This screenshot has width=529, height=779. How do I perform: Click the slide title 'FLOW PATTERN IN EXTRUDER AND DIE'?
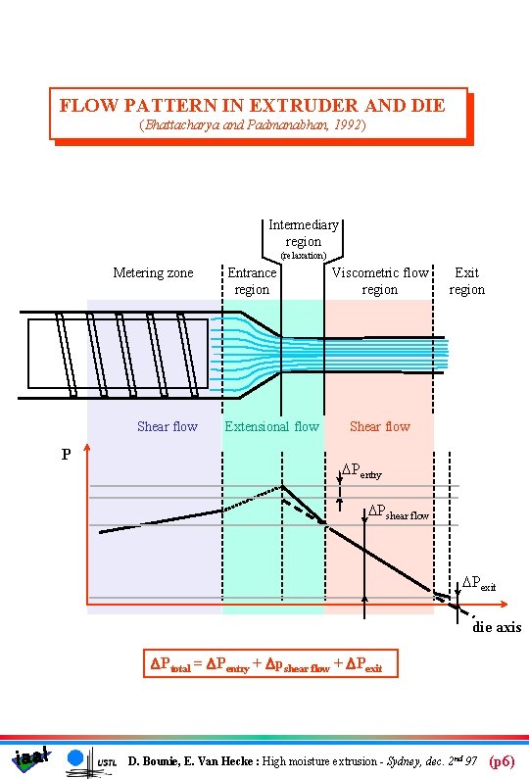pos(252,105)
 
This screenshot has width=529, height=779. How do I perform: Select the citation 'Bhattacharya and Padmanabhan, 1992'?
pos(253,125)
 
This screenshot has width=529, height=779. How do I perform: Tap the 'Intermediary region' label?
pos(303,233)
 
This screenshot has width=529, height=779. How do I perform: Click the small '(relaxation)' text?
pos(303,256)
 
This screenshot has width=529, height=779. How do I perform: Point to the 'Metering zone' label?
pos(153,272)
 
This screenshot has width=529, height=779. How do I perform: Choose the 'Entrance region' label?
pos(252,281)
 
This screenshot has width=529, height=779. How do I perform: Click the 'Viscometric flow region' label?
pos(380,281)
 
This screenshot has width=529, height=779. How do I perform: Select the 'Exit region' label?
pos(466,281)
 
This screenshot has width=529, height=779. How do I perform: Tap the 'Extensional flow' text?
pos(271,426)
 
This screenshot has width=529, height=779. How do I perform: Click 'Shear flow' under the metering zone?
pos(167,426)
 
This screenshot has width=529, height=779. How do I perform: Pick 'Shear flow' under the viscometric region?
pos(380,426)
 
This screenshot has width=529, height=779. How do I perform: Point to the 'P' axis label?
pos(66,455)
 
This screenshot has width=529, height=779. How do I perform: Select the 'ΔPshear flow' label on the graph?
pos(398,512)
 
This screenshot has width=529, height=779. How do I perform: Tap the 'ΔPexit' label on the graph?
pos(479,584)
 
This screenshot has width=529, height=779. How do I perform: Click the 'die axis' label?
pos(497,627)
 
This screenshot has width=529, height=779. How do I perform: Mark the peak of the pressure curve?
pos(282,485)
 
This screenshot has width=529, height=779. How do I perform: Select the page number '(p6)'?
pos(502,760)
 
